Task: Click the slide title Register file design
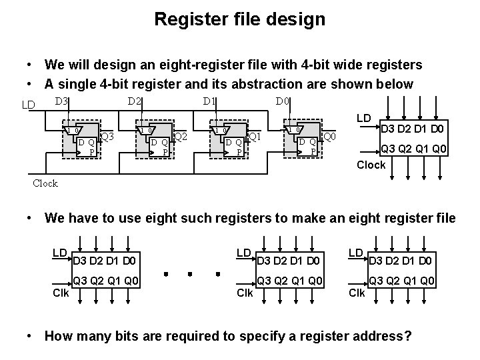(x=239, y=19)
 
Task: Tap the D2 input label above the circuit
(x=134, y=101)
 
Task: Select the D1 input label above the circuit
(x=209, y=101)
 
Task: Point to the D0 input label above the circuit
(x=282, y=101)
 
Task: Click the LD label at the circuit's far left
(x=28, y=105)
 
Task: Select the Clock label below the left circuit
(x=45, y=183)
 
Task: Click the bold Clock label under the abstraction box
(x=371, y=165)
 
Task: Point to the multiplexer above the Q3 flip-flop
(x=72, y=129)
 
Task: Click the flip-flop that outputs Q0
(x=307, y=146)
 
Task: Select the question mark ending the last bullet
(x=407, y=336)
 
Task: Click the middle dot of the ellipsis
(x=191, y=273)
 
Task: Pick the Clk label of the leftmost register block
(x=60, y=293)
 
